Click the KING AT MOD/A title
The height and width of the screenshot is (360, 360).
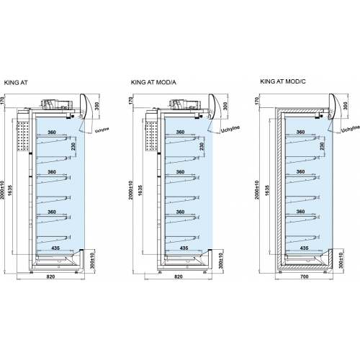(153, 82)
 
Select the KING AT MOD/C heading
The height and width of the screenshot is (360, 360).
(283, 81)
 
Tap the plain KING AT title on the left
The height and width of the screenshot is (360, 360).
(16, 83)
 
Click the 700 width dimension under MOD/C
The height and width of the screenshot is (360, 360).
(304, 276)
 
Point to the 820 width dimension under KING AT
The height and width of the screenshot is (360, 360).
(50, 276)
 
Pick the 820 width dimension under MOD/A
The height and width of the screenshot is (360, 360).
(178, 276)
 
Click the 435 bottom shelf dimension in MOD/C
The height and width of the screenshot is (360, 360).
(304, 248)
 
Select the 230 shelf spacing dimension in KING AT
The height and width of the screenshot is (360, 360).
(73, 146)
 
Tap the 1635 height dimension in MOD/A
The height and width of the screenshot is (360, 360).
(140, 190)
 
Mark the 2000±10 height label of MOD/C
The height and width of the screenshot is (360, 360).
(257, 190)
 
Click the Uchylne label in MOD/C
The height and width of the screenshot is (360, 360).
(351, 129)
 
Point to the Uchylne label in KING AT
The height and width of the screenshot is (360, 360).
(102, 130)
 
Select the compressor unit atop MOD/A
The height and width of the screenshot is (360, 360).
(184, 104)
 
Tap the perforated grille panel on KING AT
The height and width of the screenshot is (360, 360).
(23, 136)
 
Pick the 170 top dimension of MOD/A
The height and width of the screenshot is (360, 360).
(131, 101)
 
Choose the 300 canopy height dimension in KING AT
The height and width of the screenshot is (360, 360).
(97, 106)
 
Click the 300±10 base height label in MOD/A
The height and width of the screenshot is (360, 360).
(221, 261)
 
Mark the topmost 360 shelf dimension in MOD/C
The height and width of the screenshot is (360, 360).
(300, 132)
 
